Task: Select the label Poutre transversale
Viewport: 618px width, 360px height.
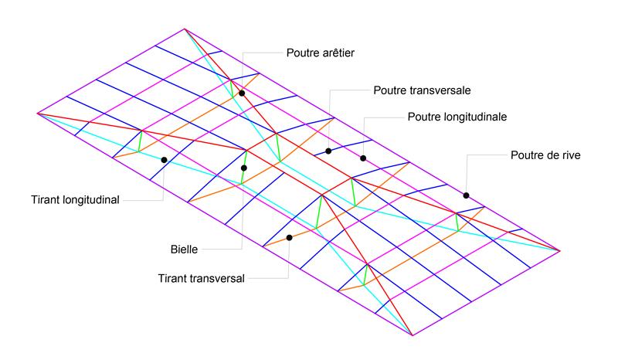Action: coord(422,90)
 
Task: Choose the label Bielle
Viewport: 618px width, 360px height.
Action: coord(185,250)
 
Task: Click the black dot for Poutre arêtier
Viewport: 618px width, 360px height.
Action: coord(242,93)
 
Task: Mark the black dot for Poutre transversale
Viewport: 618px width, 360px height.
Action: coord(328,151)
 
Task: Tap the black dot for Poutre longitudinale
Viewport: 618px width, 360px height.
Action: coord(363,158)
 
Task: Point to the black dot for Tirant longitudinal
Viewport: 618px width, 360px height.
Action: coord(164,160)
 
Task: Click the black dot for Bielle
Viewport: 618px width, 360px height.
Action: coord(244,168)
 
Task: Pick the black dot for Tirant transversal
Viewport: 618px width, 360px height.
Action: coord(289,237)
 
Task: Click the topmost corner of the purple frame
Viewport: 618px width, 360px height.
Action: coord(185,29)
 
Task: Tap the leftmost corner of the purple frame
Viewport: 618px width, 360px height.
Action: coord(36,113)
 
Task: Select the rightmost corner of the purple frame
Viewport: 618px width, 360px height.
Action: coord(560,250)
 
